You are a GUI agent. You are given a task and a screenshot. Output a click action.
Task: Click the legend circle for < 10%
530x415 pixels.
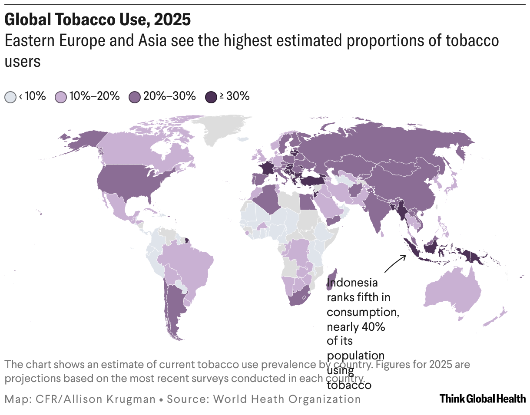10,97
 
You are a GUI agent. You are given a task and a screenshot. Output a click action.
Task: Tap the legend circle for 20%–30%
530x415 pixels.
135,97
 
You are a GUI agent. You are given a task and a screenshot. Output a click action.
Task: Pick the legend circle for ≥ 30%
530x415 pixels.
210,97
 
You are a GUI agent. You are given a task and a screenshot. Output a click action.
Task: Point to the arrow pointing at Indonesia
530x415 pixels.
395,263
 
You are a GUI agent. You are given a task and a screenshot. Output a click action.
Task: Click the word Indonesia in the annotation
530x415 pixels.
352,283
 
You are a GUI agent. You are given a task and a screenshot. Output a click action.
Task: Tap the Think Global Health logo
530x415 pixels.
482,399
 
